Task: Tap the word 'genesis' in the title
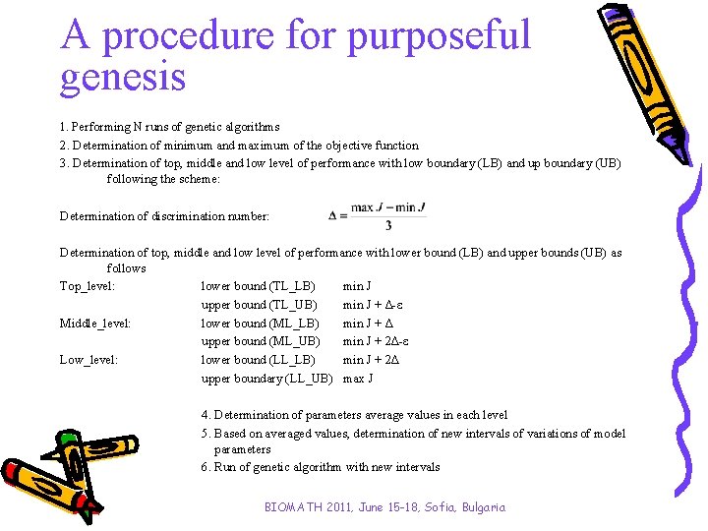click(123, 77)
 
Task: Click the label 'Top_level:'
click(88, 286)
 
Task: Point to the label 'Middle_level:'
click(95, 324)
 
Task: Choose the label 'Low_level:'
click(88, 360)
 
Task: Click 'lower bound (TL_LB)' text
click(258, 286)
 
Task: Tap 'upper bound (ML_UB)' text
click(260, 341)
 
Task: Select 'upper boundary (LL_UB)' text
click(265, 379)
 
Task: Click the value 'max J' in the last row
click(358, 379)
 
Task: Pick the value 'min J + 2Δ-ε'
click(376, 341)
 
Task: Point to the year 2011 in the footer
click(345, 507)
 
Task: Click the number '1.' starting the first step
click(64, 127)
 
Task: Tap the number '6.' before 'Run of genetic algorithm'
click(205, 467)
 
